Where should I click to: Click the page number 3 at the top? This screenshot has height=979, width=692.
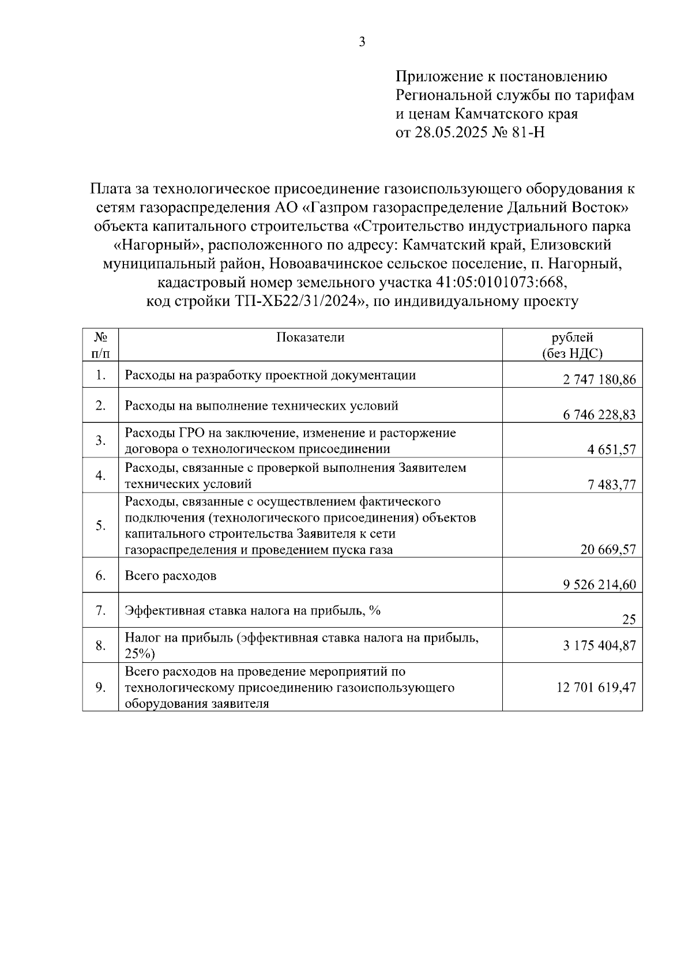362,42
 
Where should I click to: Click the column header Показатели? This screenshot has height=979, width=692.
310,337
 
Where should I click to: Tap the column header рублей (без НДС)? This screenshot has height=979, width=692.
572,346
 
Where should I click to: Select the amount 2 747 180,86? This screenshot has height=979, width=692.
600,380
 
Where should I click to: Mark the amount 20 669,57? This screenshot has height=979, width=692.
608,550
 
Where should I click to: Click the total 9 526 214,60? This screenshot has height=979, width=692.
600,585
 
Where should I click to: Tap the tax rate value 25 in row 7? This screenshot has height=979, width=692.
629,620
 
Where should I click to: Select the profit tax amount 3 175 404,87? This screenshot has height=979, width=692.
600,645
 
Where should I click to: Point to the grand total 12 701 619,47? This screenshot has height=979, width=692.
596,687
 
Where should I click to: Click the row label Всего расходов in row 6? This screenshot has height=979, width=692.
171,576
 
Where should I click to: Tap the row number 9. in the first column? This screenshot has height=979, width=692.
100,687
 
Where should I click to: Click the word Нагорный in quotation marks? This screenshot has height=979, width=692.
153,245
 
